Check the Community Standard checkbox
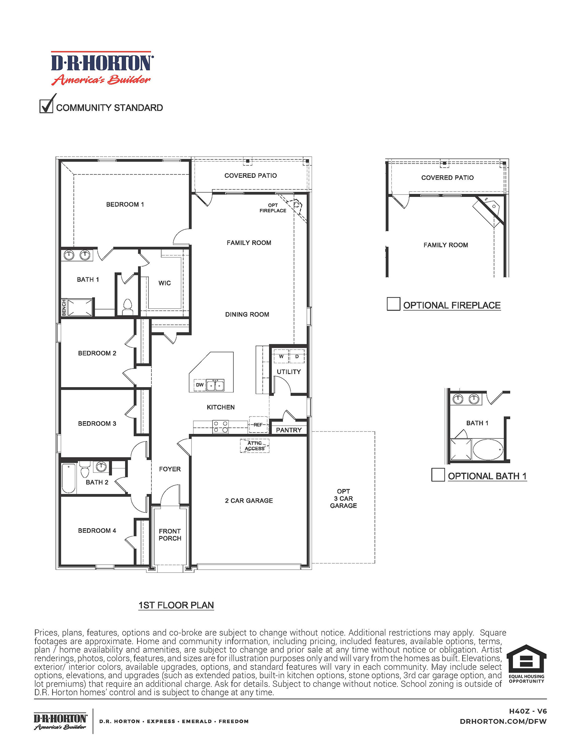(46, 106)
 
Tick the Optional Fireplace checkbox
(393, 304)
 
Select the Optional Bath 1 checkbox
(438, 474)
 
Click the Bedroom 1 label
(125, 204)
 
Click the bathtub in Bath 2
(68, 478)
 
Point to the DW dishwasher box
(200, 385)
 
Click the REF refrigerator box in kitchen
(258, 425)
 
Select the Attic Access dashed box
(255, 445)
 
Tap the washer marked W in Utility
(281, 356)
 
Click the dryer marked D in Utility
(297, 356)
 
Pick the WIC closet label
(164, 283)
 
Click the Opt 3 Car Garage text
(343, 498)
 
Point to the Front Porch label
(170, 535)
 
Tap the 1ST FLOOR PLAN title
(176, 605)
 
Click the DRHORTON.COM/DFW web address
(503, 721)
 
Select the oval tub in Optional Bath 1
(488, 449)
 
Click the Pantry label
(289, 430)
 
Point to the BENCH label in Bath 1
(64, 307)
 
